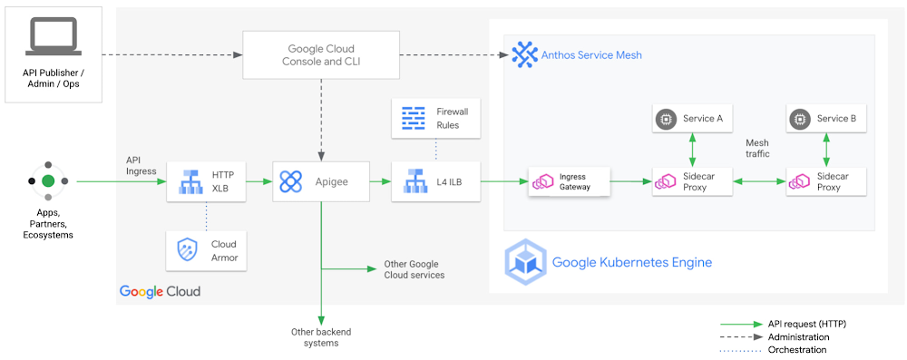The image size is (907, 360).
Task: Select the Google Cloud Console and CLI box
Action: click(321, 54)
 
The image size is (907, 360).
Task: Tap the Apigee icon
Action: click(290, 182)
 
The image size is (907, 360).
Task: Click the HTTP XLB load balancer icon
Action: click(190, 182)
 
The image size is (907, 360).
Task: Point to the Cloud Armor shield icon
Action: click(188, 250)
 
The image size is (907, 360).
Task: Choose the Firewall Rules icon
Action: click(414, 118)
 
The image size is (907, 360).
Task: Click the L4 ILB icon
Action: click(414, 182)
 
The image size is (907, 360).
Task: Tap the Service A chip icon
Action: click(666, 119)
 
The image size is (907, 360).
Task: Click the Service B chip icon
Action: click(799, 119)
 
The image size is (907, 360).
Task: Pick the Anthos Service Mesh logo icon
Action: click(525, 54)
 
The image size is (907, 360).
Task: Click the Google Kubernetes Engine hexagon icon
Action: click(526, 262)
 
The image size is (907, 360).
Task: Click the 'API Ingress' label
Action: click(140, 164)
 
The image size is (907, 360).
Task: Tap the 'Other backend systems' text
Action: click(320, 337)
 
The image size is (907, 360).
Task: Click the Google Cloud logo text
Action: click(160, 291)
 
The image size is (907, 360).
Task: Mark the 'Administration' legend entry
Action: click(802, 336)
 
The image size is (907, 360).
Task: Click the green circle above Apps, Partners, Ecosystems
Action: click(48, 181)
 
